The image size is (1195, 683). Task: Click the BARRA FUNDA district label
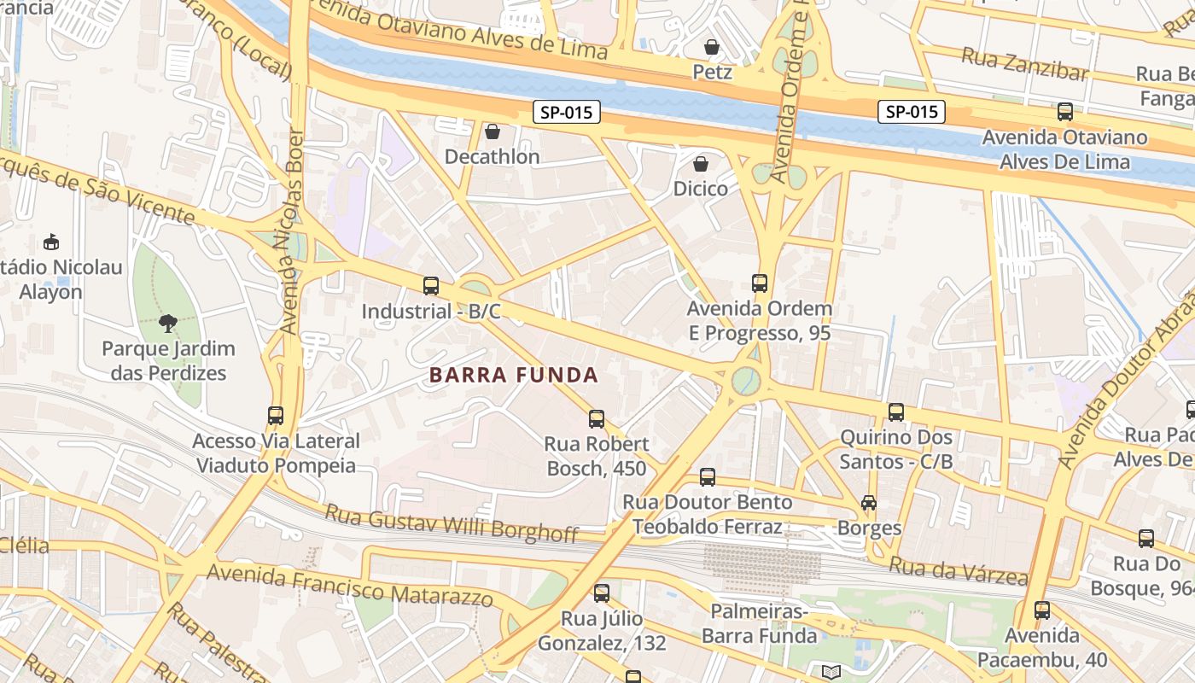click(x=513, y=375)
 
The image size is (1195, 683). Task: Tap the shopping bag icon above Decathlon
click(x=493, y=131)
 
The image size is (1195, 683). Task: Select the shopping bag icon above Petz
click(x=712, y=46)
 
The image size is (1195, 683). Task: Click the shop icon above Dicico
click(x=701, y=163)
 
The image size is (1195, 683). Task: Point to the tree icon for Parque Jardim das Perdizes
click(x=167, y=324)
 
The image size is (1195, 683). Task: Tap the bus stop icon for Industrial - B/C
click(x=431, y=286)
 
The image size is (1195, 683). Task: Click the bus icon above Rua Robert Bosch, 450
click(x=597, y=419)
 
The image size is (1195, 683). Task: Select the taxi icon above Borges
click(x=869, y=503)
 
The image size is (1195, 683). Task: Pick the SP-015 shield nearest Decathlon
click(x=567, y=112)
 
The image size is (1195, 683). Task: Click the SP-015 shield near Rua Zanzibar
click(x=912, y=112)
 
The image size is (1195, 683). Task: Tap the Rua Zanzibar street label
click(x=1024, y=64)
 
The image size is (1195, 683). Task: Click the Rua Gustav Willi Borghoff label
click(x=452, y=523)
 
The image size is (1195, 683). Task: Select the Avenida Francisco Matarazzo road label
click(x=350, y=585)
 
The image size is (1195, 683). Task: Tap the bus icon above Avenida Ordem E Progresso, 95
click(x=760, y=283)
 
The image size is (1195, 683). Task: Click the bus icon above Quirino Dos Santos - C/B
click(x=896, y=412)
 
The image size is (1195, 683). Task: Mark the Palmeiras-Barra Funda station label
click(x=760, y=624)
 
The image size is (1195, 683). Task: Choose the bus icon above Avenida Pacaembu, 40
click(x=1042, y=610)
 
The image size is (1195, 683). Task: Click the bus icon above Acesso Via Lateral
click(x=276, y=416)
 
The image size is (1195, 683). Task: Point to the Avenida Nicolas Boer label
click(x=291, y=231)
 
